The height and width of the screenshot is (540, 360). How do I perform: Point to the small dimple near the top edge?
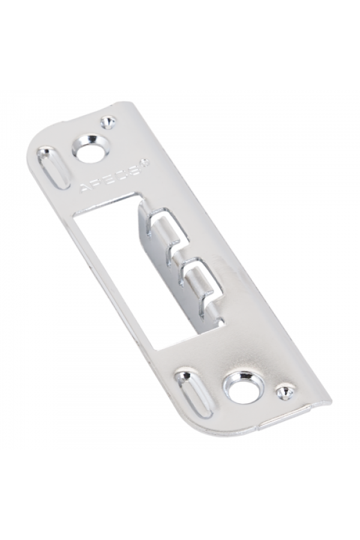tap(108, 122)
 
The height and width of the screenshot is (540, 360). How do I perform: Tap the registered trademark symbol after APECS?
tap(145, 161)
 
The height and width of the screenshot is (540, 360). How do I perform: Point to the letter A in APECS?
tap(85, 188)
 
